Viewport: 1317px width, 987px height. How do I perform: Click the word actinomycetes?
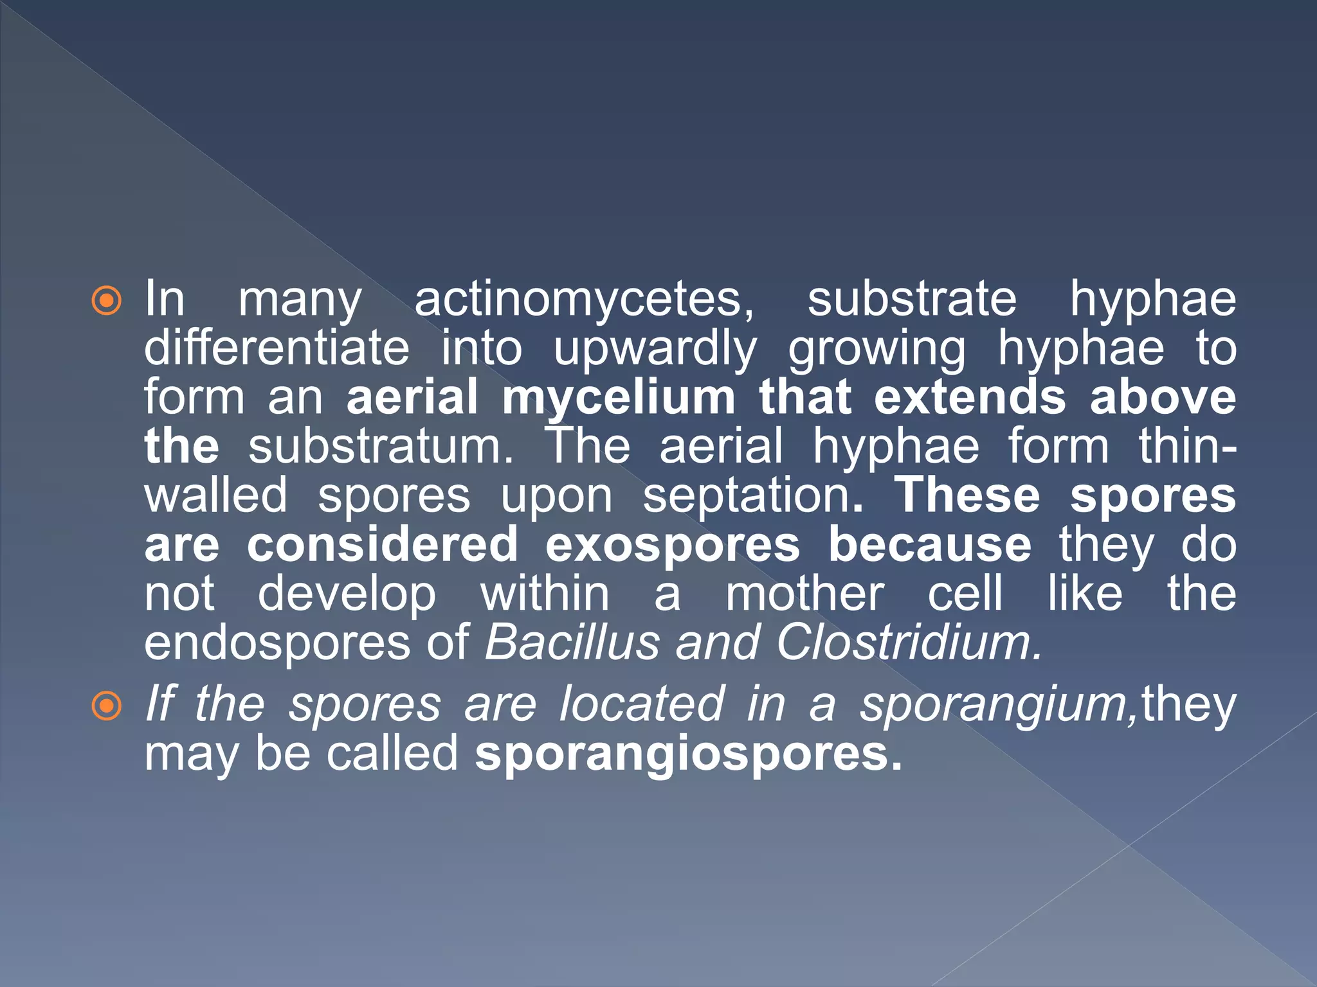click(x=584, y=299)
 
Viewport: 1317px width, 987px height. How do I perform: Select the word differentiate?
click(x=277, y=348)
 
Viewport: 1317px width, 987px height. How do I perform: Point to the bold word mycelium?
click(x=618, y=397)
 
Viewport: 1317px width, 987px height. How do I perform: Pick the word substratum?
click(x=381, y=447)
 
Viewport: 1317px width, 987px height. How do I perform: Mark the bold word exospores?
click(x=673, y=545)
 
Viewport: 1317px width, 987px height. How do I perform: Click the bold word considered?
click(x=382, y=545)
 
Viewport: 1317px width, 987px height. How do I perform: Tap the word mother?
click(x=804, y=594)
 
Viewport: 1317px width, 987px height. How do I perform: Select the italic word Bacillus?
click(x=572, y=642)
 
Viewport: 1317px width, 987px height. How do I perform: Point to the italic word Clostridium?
click(x=908, y=642)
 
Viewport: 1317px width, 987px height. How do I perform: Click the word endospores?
click(x=277, y=643)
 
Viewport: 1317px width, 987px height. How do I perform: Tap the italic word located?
click(x=642, y=704)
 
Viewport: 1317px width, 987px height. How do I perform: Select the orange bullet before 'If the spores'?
click(x=106, y=706)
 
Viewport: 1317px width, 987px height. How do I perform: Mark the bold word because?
click(x=929, y=545)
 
